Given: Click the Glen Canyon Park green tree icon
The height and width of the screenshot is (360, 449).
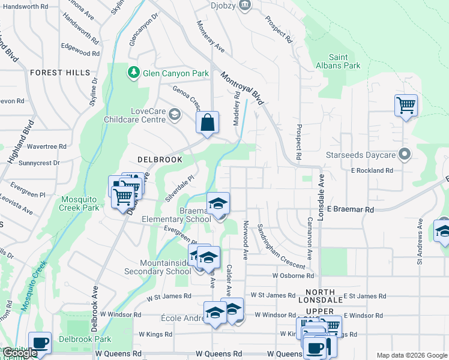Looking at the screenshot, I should pos(133,73).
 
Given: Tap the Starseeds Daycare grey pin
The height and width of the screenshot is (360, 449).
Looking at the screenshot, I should pos(405,155).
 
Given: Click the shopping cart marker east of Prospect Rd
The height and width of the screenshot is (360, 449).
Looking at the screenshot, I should pos(406,106).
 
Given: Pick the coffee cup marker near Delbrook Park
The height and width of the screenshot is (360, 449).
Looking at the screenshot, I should pos(40,343).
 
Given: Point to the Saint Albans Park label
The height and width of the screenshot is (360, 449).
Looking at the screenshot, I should pos(339,61).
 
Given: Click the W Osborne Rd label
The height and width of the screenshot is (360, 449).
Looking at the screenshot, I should pos(293,276).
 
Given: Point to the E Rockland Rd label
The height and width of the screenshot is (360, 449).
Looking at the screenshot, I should pos(372,170).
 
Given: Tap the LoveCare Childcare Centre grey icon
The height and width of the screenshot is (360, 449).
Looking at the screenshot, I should pos(175,115).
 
